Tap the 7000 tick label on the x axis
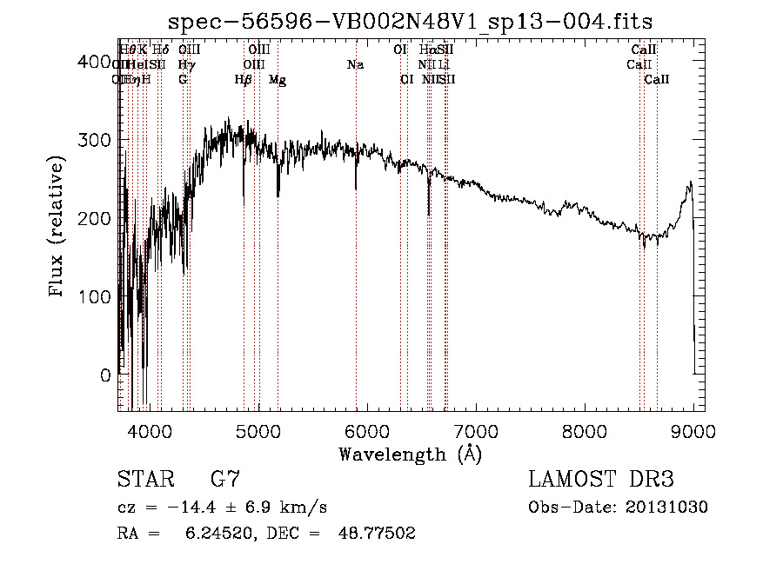tap(475, 430)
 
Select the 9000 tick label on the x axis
tap(693, 430)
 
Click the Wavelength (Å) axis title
tap(410, 454)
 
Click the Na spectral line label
tap(355, 64)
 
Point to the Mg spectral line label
tap(278, 79)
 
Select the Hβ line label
tap(244, 79)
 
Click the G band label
tap(183, 79)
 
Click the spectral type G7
tap(224, 480)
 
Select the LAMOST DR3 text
tap(601, 480)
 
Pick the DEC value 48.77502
tap(376, 534)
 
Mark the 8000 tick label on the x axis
tap(584, 430)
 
